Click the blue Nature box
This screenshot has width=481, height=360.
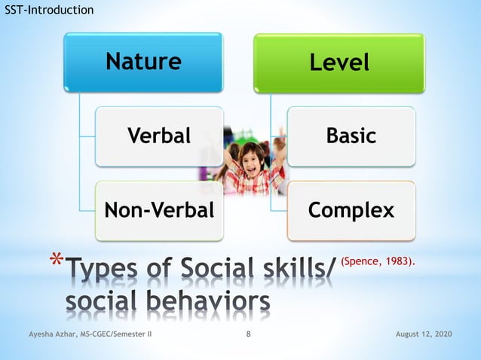coord(143,62)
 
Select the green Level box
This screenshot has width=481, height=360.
coord(339,63)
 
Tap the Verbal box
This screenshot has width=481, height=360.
coord(159,136)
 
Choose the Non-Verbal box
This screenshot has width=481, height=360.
coord(159,210)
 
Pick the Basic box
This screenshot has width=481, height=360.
coord(351,136)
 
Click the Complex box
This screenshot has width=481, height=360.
coord(351,210)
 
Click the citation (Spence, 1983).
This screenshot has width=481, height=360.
coord(378,261)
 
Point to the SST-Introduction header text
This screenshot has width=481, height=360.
coord(49,10)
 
